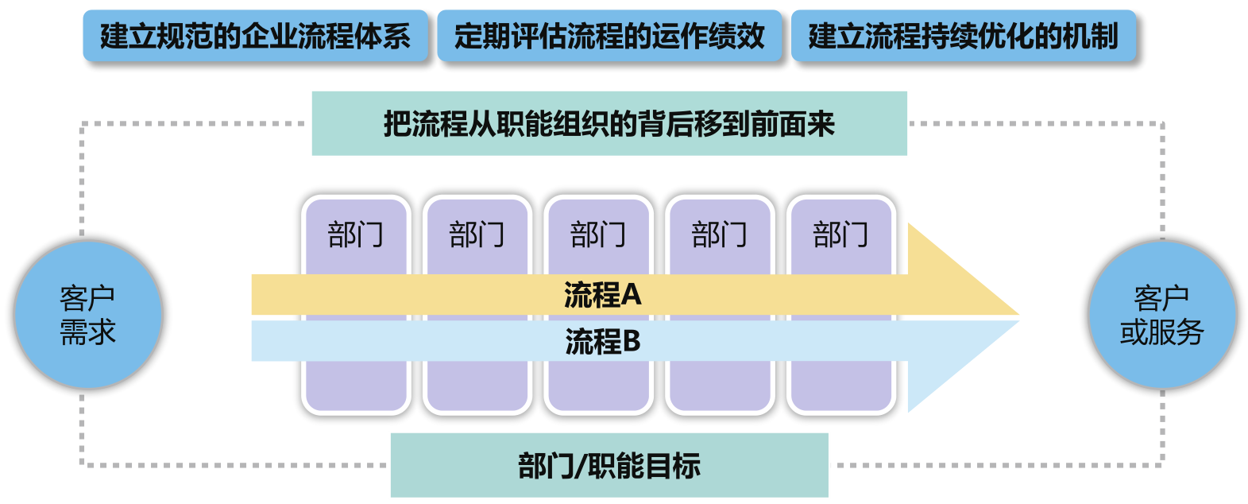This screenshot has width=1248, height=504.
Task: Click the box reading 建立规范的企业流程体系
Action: point(255,37)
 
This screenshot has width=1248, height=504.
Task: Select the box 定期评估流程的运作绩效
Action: point(609,37)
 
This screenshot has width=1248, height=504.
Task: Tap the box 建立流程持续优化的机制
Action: point(963,37)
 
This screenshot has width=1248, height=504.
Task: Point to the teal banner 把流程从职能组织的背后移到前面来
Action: point(609,124)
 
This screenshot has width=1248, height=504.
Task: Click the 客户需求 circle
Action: point(88,315)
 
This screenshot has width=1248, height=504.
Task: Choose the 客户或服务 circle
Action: point(1161,315)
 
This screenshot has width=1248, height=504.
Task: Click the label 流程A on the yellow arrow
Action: point(602,295)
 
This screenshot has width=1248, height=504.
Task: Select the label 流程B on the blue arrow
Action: point(602,342)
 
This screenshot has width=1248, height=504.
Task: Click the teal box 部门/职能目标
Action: point(609,466)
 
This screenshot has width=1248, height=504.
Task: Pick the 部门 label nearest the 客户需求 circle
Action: point(356,235)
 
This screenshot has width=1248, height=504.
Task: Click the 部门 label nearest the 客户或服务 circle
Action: point(841,235)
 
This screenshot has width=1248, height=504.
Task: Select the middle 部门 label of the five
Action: point(598,235)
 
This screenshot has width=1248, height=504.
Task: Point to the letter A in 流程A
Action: point(632,295)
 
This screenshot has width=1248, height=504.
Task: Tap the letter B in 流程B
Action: point(632,342)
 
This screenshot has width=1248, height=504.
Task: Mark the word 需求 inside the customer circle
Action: point(88,332)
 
